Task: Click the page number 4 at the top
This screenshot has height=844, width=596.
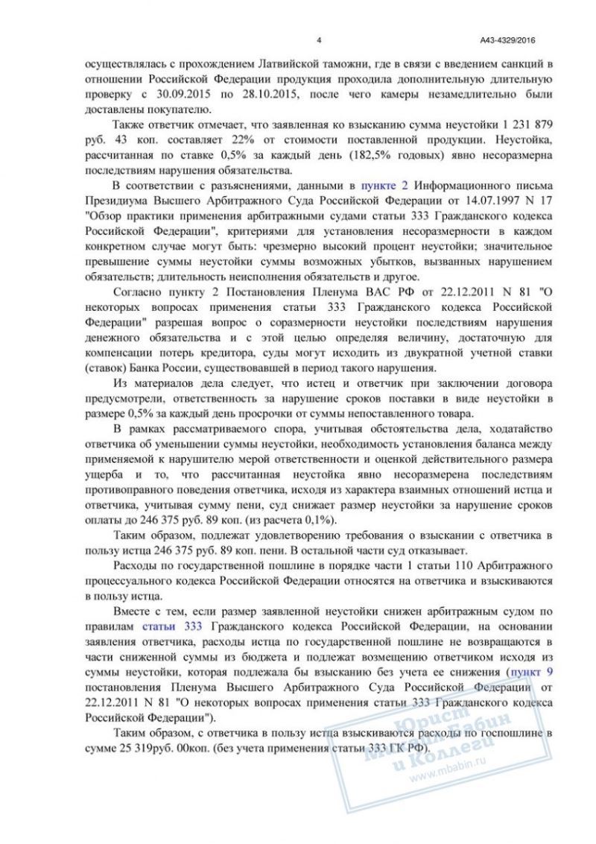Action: tap(318, 40)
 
